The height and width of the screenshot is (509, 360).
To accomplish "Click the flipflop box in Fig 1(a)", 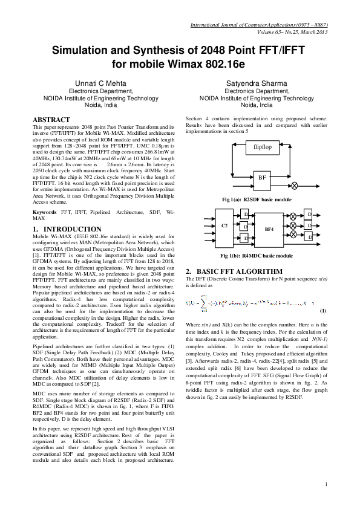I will (x=262, y=146).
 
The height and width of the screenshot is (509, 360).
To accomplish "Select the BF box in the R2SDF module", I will (x=261, y=178).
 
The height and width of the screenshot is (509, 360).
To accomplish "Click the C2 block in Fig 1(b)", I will (x=224, y=225).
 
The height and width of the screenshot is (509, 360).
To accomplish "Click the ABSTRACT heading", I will (x=51, y=120).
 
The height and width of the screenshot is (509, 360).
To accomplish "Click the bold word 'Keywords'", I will (x=45, y=213).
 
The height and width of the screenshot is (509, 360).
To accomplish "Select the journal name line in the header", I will (x=259, y=25).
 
